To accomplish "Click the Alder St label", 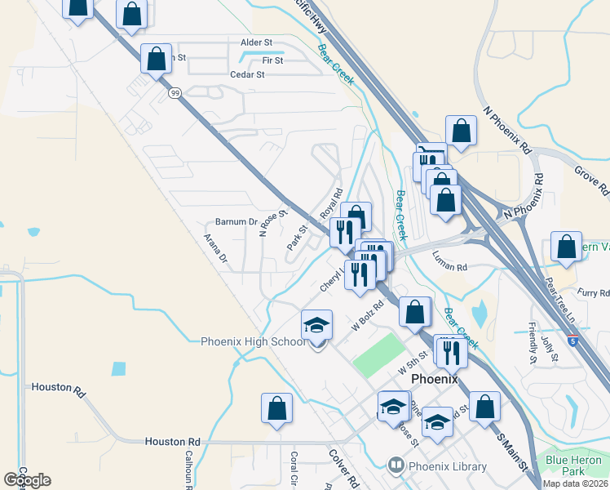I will [255, 42].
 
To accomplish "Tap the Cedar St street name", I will [249, 74].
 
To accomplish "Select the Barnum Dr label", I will [236, 221].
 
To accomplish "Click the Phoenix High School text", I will [253, 341].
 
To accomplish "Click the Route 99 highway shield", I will [175, 94].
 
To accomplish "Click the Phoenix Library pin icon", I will [396, 466].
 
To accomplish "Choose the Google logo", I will [27, 479].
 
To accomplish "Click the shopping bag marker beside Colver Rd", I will [276, 409].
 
